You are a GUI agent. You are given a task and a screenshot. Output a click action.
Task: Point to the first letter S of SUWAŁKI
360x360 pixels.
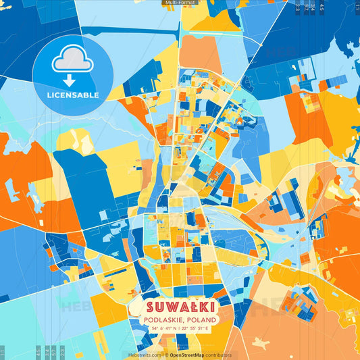[x=149, y=307]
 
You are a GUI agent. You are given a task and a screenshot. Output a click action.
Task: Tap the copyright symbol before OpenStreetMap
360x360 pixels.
[x=166, y=355]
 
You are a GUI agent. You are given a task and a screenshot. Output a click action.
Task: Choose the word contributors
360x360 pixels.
[x=219, y=355]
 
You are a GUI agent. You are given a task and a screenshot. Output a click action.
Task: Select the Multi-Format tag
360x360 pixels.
[x=180, y=3]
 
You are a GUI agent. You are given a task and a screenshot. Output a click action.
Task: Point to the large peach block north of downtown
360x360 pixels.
[x=201, y=54]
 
